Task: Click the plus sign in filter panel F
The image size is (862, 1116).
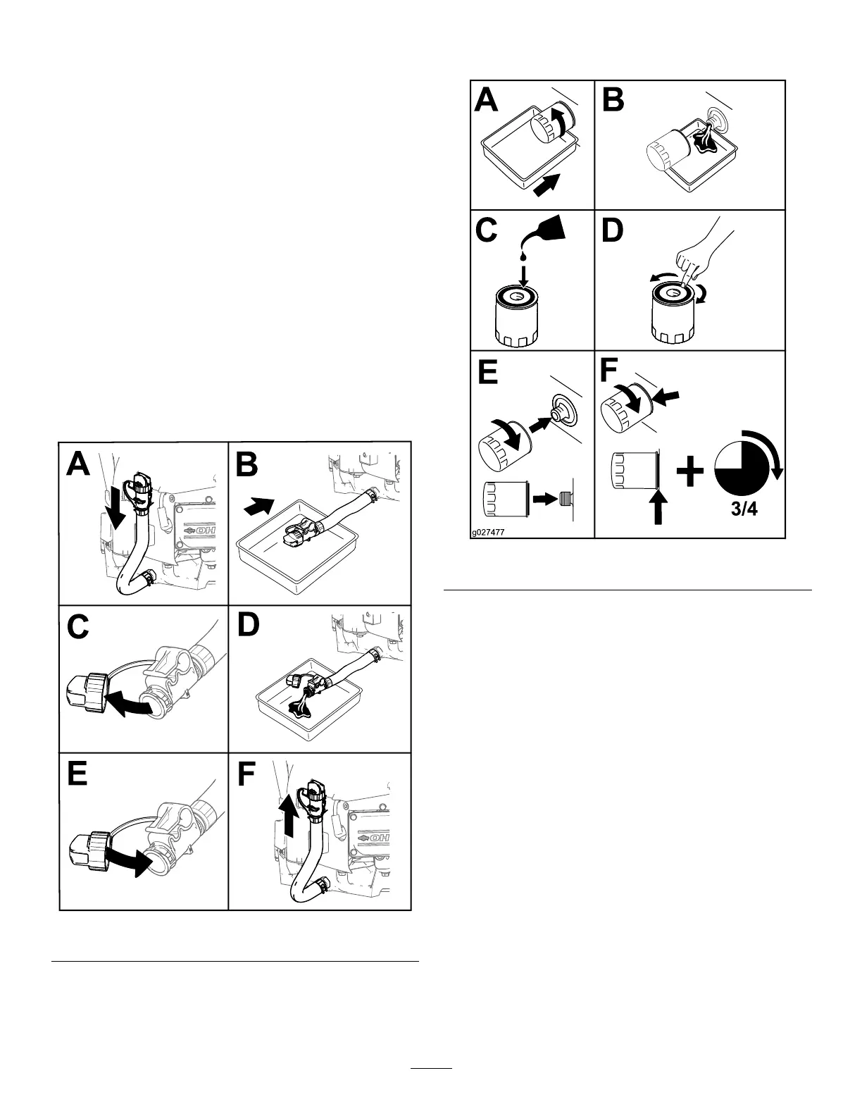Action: [690, 473]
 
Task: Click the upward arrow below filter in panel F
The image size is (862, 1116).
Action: [658, 508]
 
